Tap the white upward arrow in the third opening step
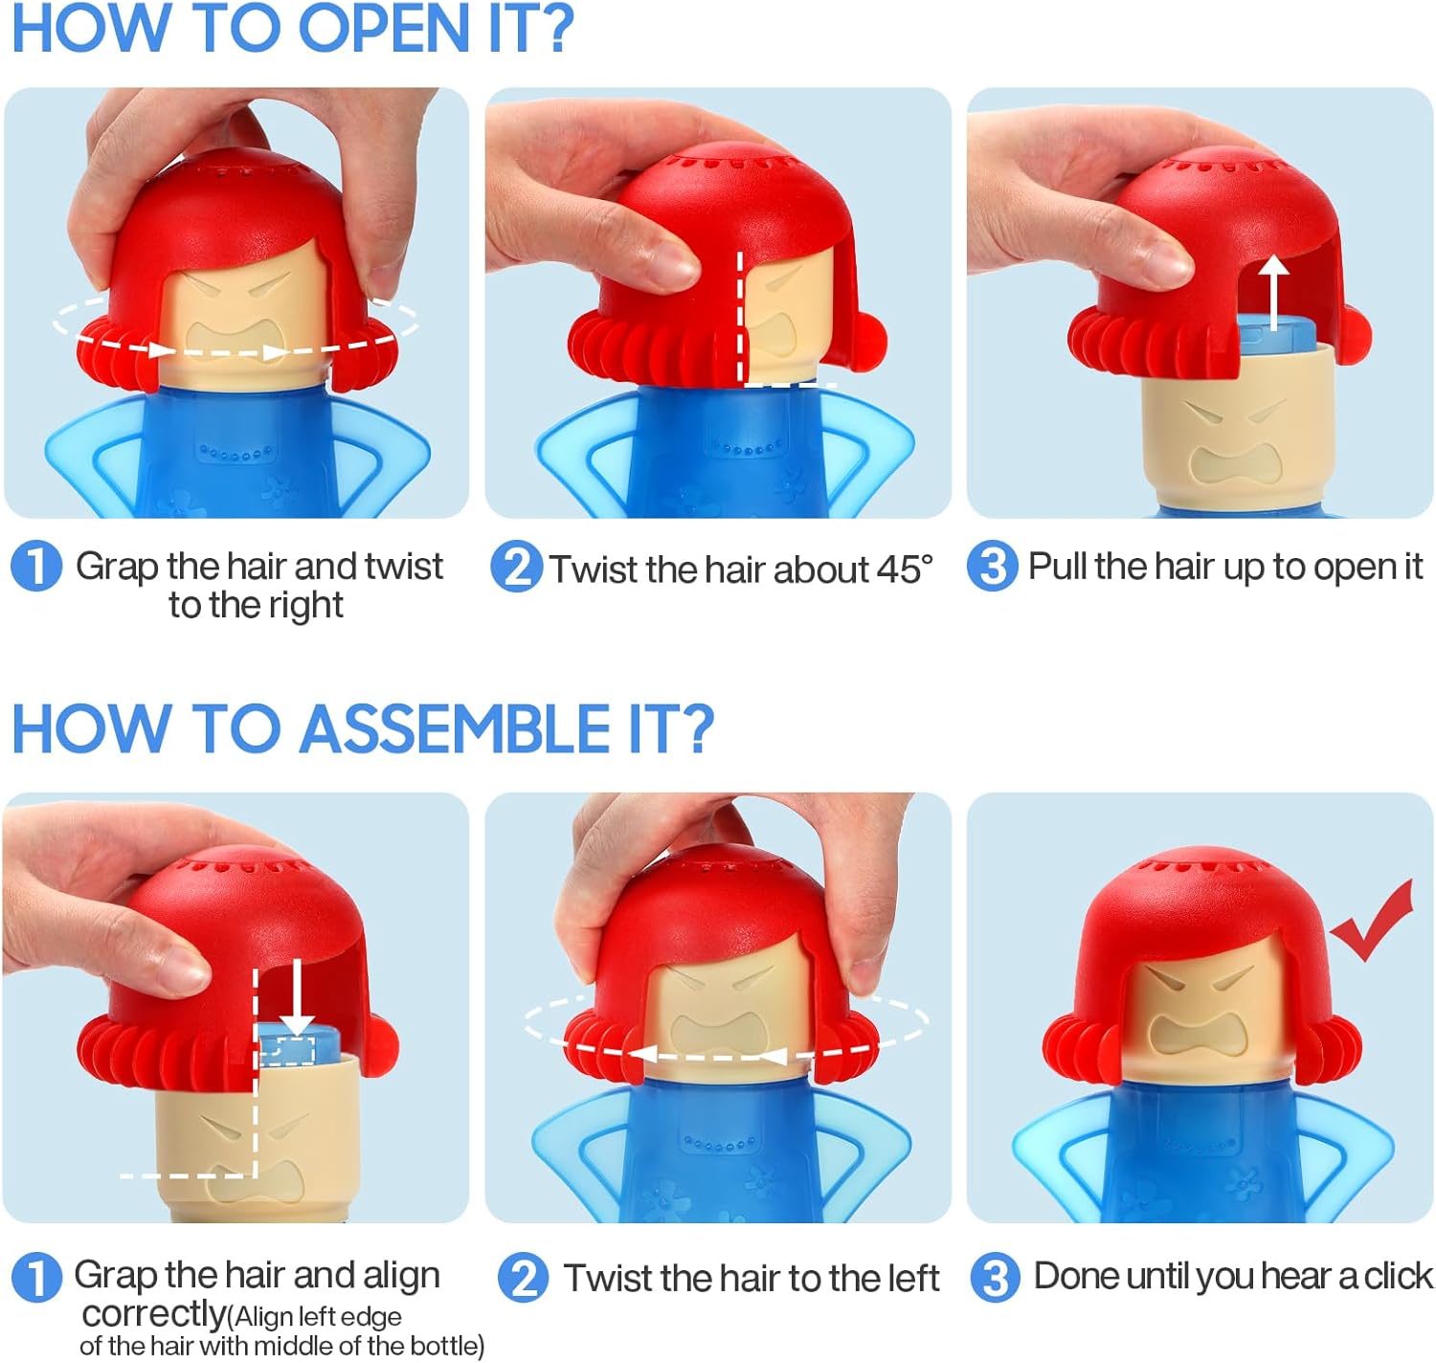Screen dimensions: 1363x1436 (x=1272, y=292)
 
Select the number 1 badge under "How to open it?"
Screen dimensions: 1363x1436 (x=36, y=566)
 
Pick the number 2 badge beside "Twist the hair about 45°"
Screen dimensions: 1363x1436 (x=517, y=567)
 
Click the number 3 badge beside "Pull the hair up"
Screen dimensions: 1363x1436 (x=992, y=566)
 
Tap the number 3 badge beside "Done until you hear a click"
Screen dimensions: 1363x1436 (x=996, y=1278)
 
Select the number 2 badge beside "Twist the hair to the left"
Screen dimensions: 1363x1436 (x=523, y=1278)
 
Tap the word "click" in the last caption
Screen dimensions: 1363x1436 (x=1398, y=1276)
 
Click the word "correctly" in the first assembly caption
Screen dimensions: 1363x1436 (x=153, y=1313)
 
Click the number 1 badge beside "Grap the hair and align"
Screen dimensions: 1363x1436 (x=36, y=1278)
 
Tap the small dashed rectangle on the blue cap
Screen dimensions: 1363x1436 (x=288, y=1050)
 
